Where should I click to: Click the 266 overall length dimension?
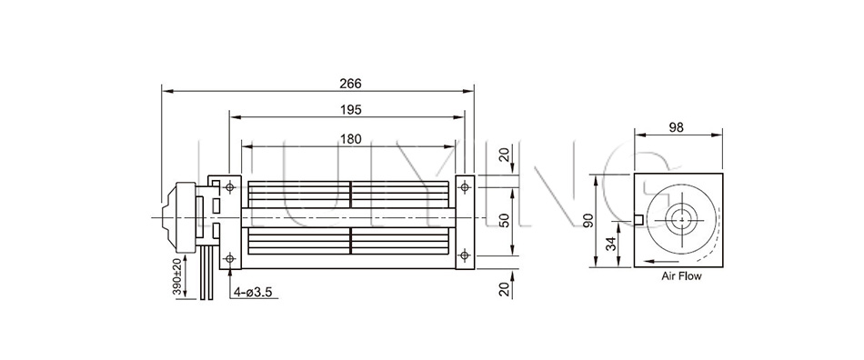[x=350, y=84]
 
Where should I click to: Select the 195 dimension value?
[x=350, y=110]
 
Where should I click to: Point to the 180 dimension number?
[x=350, y=139]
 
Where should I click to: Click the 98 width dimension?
[x=676, y=127]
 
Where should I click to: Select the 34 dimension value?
[x=610, y=243]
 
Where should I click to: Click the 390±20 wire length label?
[x=177, y=276]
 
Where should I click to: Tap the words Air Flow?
[x=681, y=276]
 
